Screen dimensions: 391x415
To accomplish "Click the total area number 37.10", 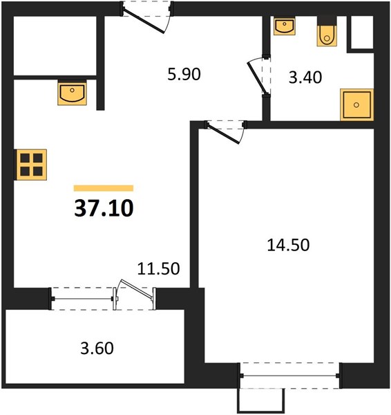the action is tap(104, 208).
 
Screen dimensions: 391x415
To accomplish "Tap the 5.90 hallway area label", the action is tap(184, 74).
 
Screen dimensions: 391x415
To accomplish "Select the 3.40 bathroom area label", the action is tap(305, 77).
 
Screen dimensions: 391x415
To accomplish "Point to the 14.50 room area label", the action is tap(288, 245).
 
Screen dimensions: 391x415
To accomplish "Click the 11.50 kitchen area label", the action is tap(159, 268).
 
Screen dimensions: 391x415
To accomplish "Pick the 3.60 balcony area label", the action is tap(97, 348).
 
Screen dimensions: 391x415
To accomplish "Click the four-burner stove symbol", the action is tap(32, 165).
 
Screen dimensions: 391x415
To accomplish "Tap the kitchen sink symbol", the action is tap(72, 94).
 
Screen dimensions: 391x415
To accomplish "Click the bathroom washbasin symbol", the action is tap(285, 26).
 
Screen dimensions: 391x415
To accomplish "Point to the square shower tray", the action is tap(357, 105).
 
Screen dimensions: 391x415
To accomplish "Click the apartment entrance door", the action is tap(144, 21).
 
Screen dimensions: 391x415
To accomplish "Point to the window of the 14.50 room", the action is tap(290, 376).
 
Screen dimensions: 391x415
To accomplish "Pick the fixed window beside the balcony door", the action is tap(83, 299).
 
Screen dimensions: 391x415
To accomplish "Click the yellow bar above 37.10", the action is tap(104, 188).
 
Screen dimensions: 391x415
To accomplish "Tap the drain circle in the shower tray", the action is tap(356, 105).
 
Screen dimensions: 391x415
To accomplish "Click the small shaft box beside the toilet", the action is tap(362, 33).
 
